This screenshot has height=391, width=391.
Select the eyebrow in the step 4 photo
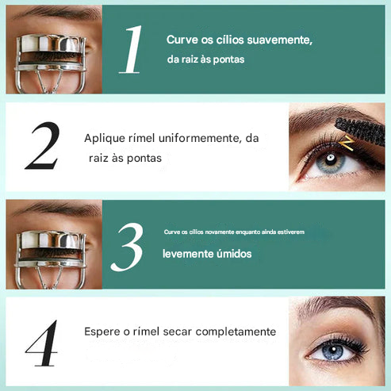point(333,312)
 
